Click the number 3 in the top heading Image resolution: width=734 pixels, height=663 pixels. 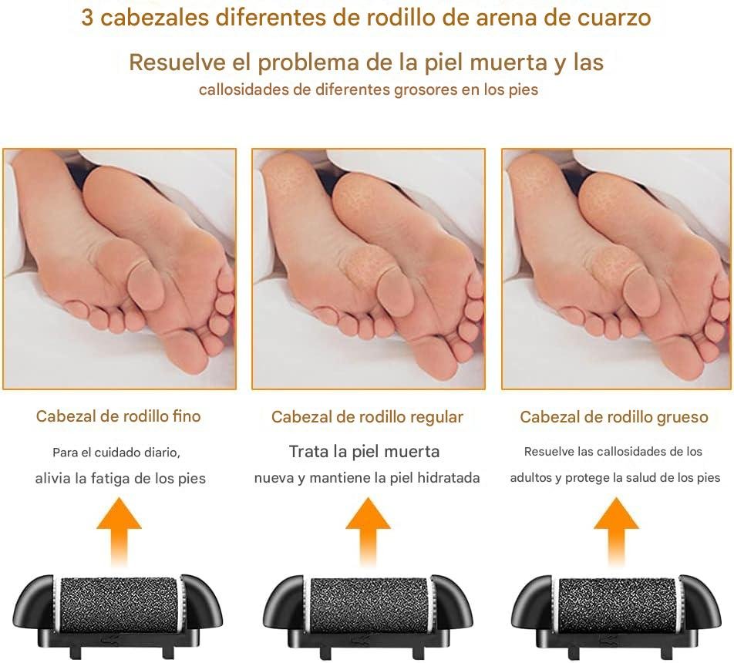tap(87, 18)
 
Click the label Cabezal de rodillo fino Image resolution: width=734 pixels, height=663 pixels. tap(119, 416)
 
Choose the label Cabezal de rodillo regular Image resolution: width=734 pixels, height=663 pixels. tap(367, 417)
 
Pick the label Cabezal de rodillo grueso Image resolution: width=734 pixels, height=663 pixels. tap(614, 417)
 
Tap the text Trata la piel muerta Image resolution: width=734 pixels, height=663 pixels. tap(364, 451)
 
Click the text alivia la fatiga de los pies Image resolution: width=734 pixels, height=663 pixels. tap(120, 478)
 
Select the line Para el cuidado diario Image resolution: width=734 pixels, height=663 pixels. tap(116, 453)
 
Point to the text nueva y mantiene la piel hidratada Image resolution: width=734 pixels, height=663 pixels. tap(367, 477)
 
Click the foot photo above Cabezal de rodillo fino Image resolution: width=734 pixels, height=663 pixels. tap(120, 269)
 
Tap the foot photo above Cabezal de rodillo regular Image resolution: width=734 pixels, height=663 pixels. tap(369, 269)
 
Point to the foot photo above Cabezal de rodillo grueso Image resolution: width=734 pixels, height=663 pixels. tap(617, 269)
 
